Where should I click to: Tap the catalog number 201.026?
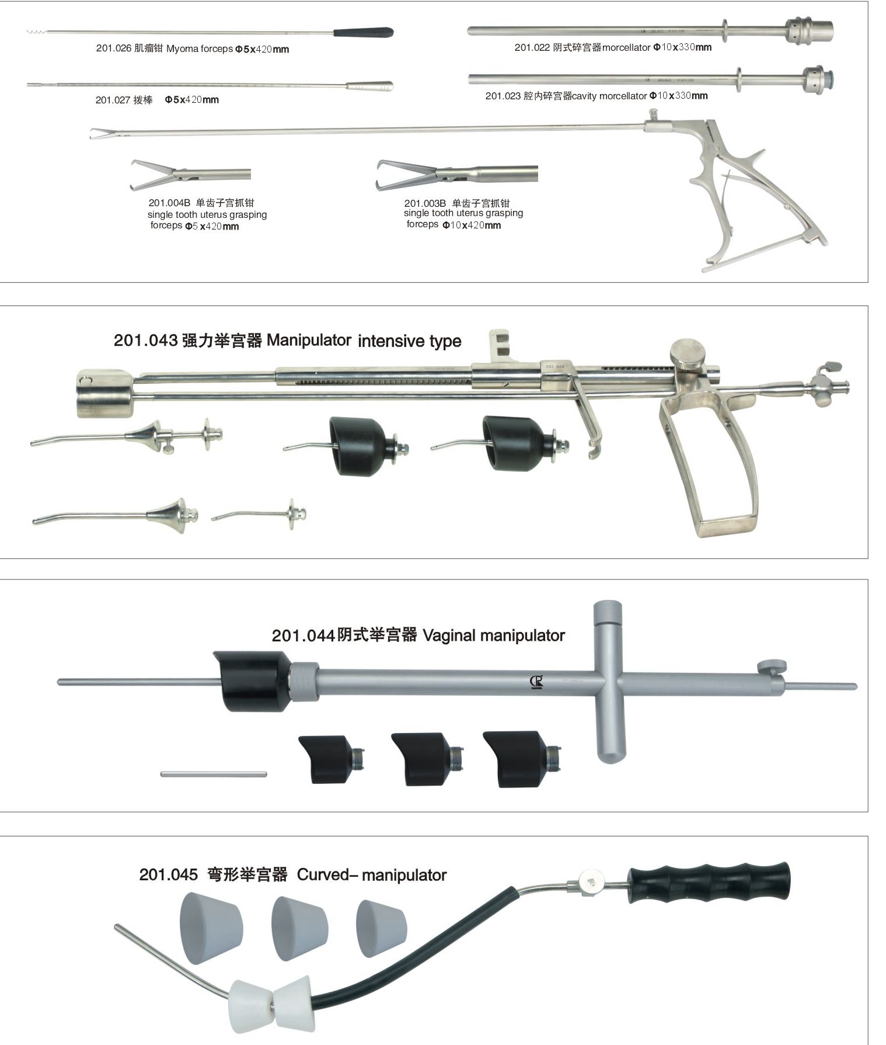click(113, 48)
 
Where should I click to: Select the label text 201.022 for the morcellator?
click(532, 47)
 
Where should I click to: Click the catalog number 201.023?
click(503, 96)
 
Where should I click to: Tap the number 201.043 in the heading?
click(145, 340)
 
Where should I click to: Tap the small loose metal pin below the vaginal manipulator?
click(214, 775)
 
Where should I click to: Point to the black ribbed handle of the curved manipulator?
click(709, 884)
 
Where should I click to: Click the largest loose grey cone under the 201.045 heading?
click(211, 929)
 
